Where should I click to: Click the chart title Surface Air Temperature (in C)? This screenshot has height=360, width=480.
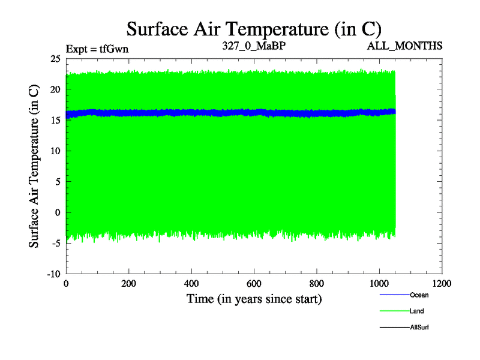pyautogui.click(x=254, y=28)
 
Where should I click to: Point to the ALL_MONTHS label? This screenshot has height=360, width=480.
pyautogui.click(x=410, y=46)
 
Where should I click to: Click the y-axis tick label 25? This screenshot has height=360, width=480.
pyautogui.click(x=55, y=59)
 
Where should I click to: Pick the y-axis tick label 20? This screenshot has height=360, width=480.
pyautogui.click(x=55, y=89)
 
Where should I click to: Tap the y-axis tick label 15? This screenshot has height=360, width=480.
pyautogui.click(x=55, y=120)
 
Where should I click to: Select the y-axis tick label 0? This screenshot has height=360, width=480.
pyautogui.click(x=58, y=212)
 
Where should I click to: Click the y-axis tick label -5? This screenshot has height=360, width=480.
pyautogui.click(x=55, y=243)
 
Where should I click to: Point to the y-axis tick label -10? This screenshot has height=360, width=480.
pyautogui.click(x=53, y=274)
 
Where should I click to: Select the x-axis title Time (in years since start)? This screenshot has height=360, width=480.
pyautogui.click(x=254, y=298)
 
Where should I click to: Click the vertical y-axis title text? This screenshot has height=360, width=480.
pyautogui.click(x=35, y=166)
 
